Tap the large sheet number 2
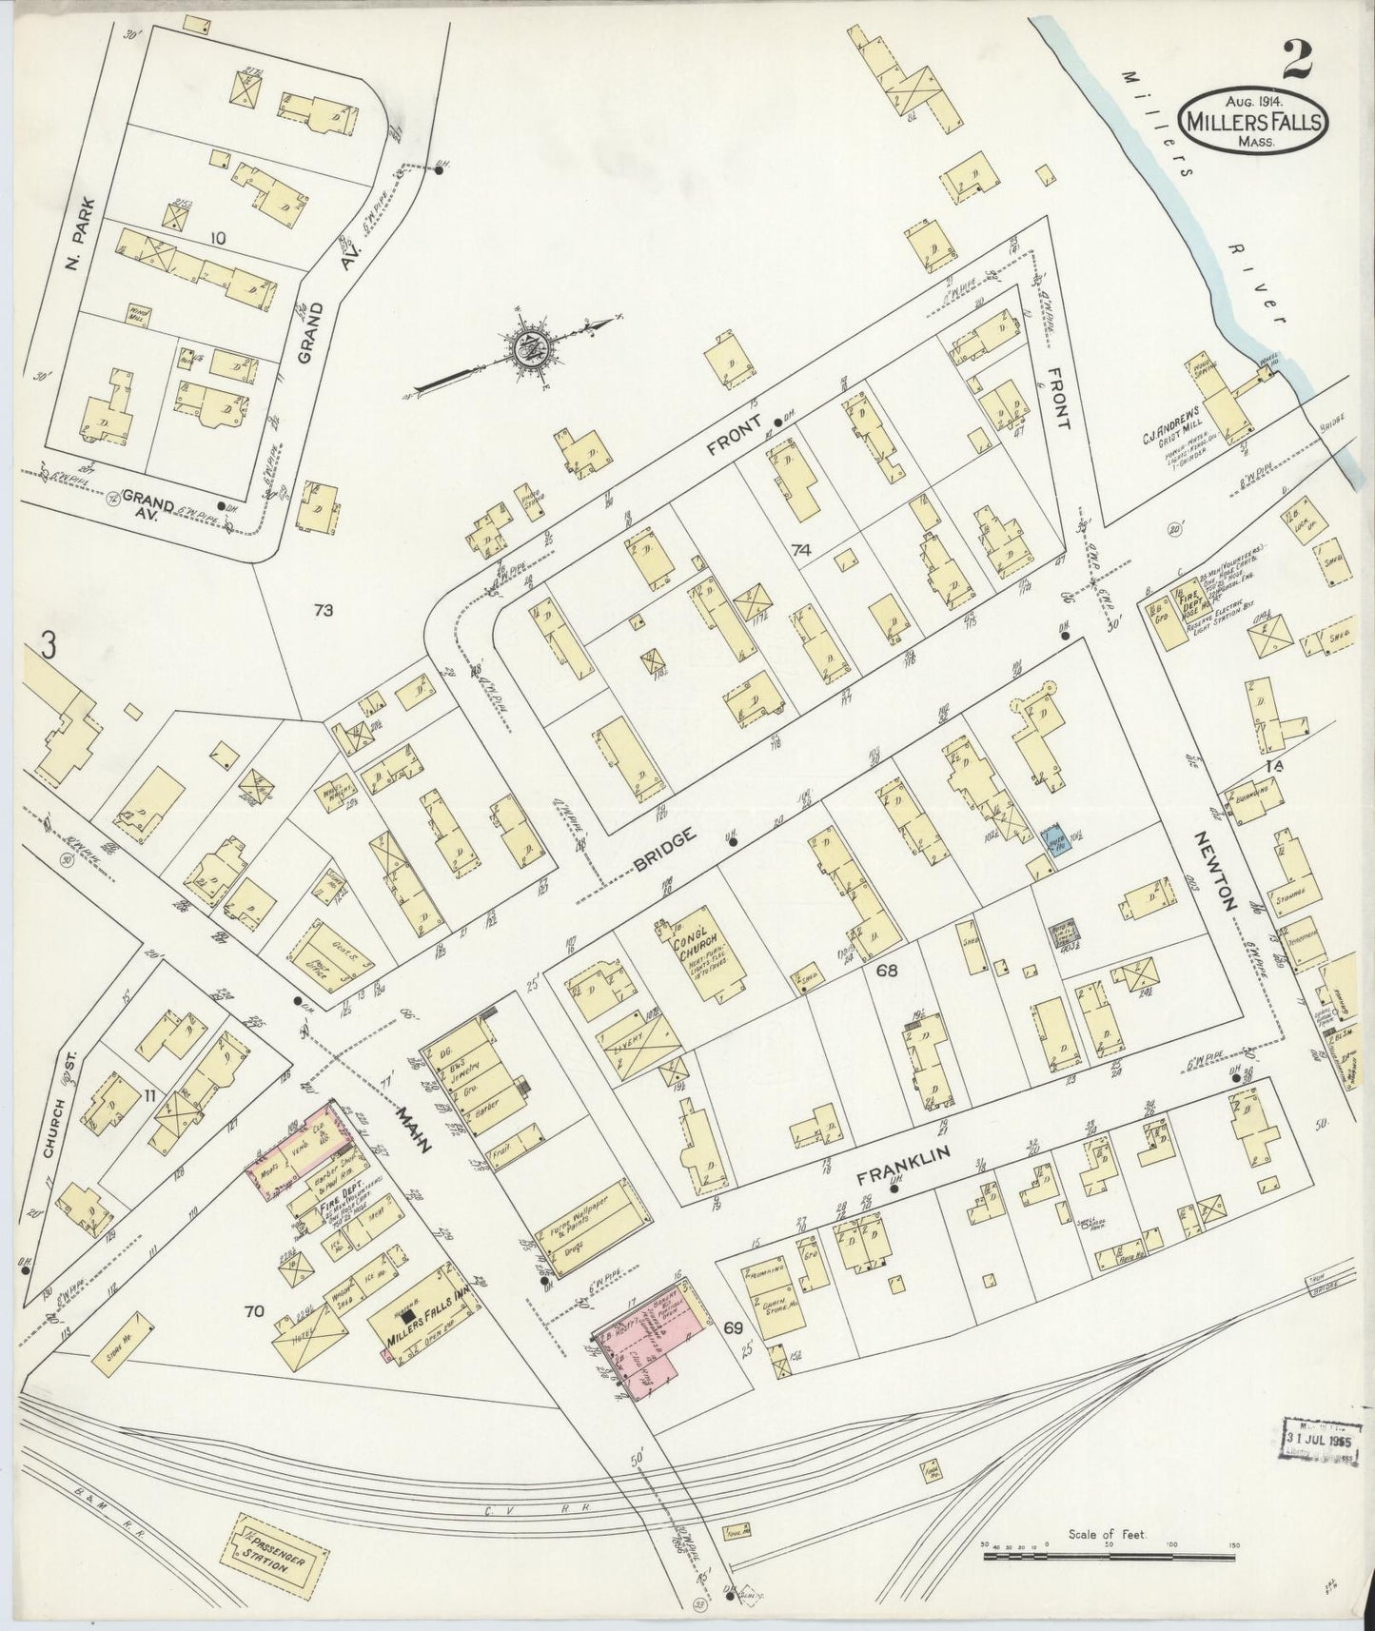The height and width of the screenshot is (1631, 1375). (x=1298, y=60)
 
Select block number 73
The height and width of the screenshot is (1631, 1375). (x=324, y=611)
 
